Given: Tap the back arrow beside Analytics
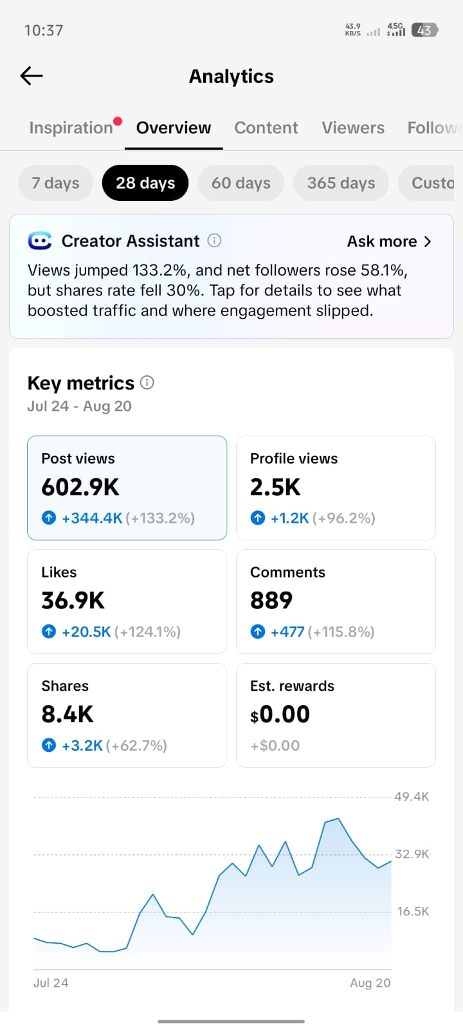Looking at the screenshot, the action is click(32, 76).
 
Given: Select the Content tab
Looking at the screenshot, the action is click(266, 127).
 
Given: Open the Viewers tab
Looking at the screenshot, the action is click(353, 127).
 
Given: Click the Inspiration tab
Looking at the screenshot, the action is click(71, 127).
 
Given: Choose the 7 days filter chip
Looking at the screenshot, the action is click(55, 183).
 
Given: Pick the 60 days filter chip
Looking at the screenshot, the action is click(241, 183).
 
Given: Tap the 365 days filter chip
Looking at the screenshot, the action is click(341, 183).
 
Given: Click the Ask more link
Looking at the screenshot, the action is click(389, 241).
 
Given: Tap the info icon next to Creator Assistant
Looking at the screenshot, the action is click(214, 241).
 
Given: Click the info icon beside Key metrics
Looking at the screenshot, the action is click(147, 382).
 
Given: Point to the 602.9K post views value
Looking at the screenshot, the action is click(80, 487).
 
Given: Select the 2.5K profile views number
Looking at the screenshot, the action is click(275, 487).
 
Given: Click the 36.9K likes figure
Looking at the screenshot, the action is click(73, 601).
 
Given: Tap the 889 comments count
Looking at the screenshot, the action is click(271, 601).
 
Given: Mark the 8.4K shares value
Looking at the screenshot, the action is click(68, 714).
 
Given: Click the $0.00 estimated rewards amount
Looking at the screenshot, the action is click(280, 714).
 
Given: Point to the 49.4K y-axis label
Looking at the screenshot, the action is click(412, 797).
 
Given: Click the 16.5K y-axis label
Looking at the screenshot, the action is click(413, 912).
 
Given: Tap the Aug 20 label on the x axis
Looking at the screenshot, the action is click(370, 982).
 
